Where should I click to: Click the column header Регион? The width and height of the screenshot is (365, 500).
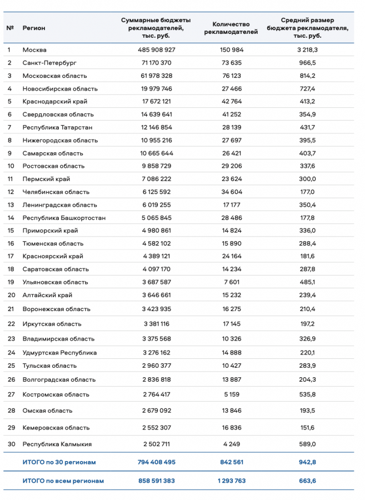[x=34, y=28]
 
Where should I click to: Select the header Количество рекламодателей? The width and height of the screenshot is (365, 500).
[x=231, y=28]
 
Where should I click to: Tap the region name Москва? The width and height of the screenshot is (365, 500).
[x=34, y=50]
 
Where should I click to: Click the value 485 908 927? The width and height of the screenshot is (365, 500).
[x=156, y=50]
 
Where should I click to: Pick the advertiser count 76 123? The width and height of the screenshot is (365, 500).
[x=231, y=76]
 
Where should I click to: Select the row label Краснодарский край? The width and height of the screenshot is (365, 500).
[x=54, y=102]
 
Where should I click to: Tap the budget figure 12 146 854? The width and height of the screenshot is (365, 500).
[x=156, y=127]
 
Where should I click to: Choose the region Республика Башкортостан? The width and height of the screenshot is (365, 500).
[x=64, y=218]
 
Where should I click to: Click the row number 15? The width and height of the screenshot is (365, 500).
[x=11, y=231]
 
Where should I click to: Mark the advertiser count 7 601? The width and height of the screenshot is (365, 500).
[x=231, y=282]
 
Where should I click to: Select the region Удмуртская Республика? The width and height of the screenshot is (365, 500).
[x=59, y=353]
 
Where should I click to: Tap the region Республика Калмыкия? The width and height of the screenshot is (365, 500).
[x=57, y=444]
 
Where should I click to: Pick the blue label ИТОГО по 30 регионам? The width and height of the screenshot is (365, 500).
[x=59, y=462]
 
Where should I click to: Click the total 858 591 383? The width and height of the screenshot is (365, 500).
[x=156, y=481]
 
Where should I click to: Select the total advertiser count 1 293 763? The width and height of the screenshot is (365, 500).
[x=231, y=481]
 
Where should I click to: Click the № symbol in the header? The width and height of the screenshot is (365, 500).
[x=11, y=28]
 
